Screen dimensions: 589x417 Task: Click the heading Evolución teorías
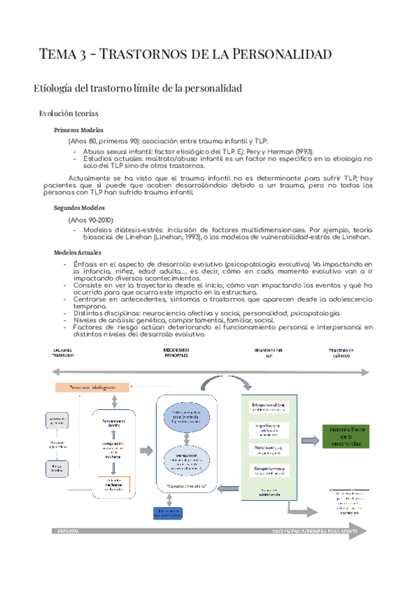point(68,113)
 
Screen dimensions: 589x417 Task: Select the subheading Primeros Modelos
point(79,130)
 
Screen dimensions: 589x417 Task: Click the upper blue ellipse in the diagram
point(186,415)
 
